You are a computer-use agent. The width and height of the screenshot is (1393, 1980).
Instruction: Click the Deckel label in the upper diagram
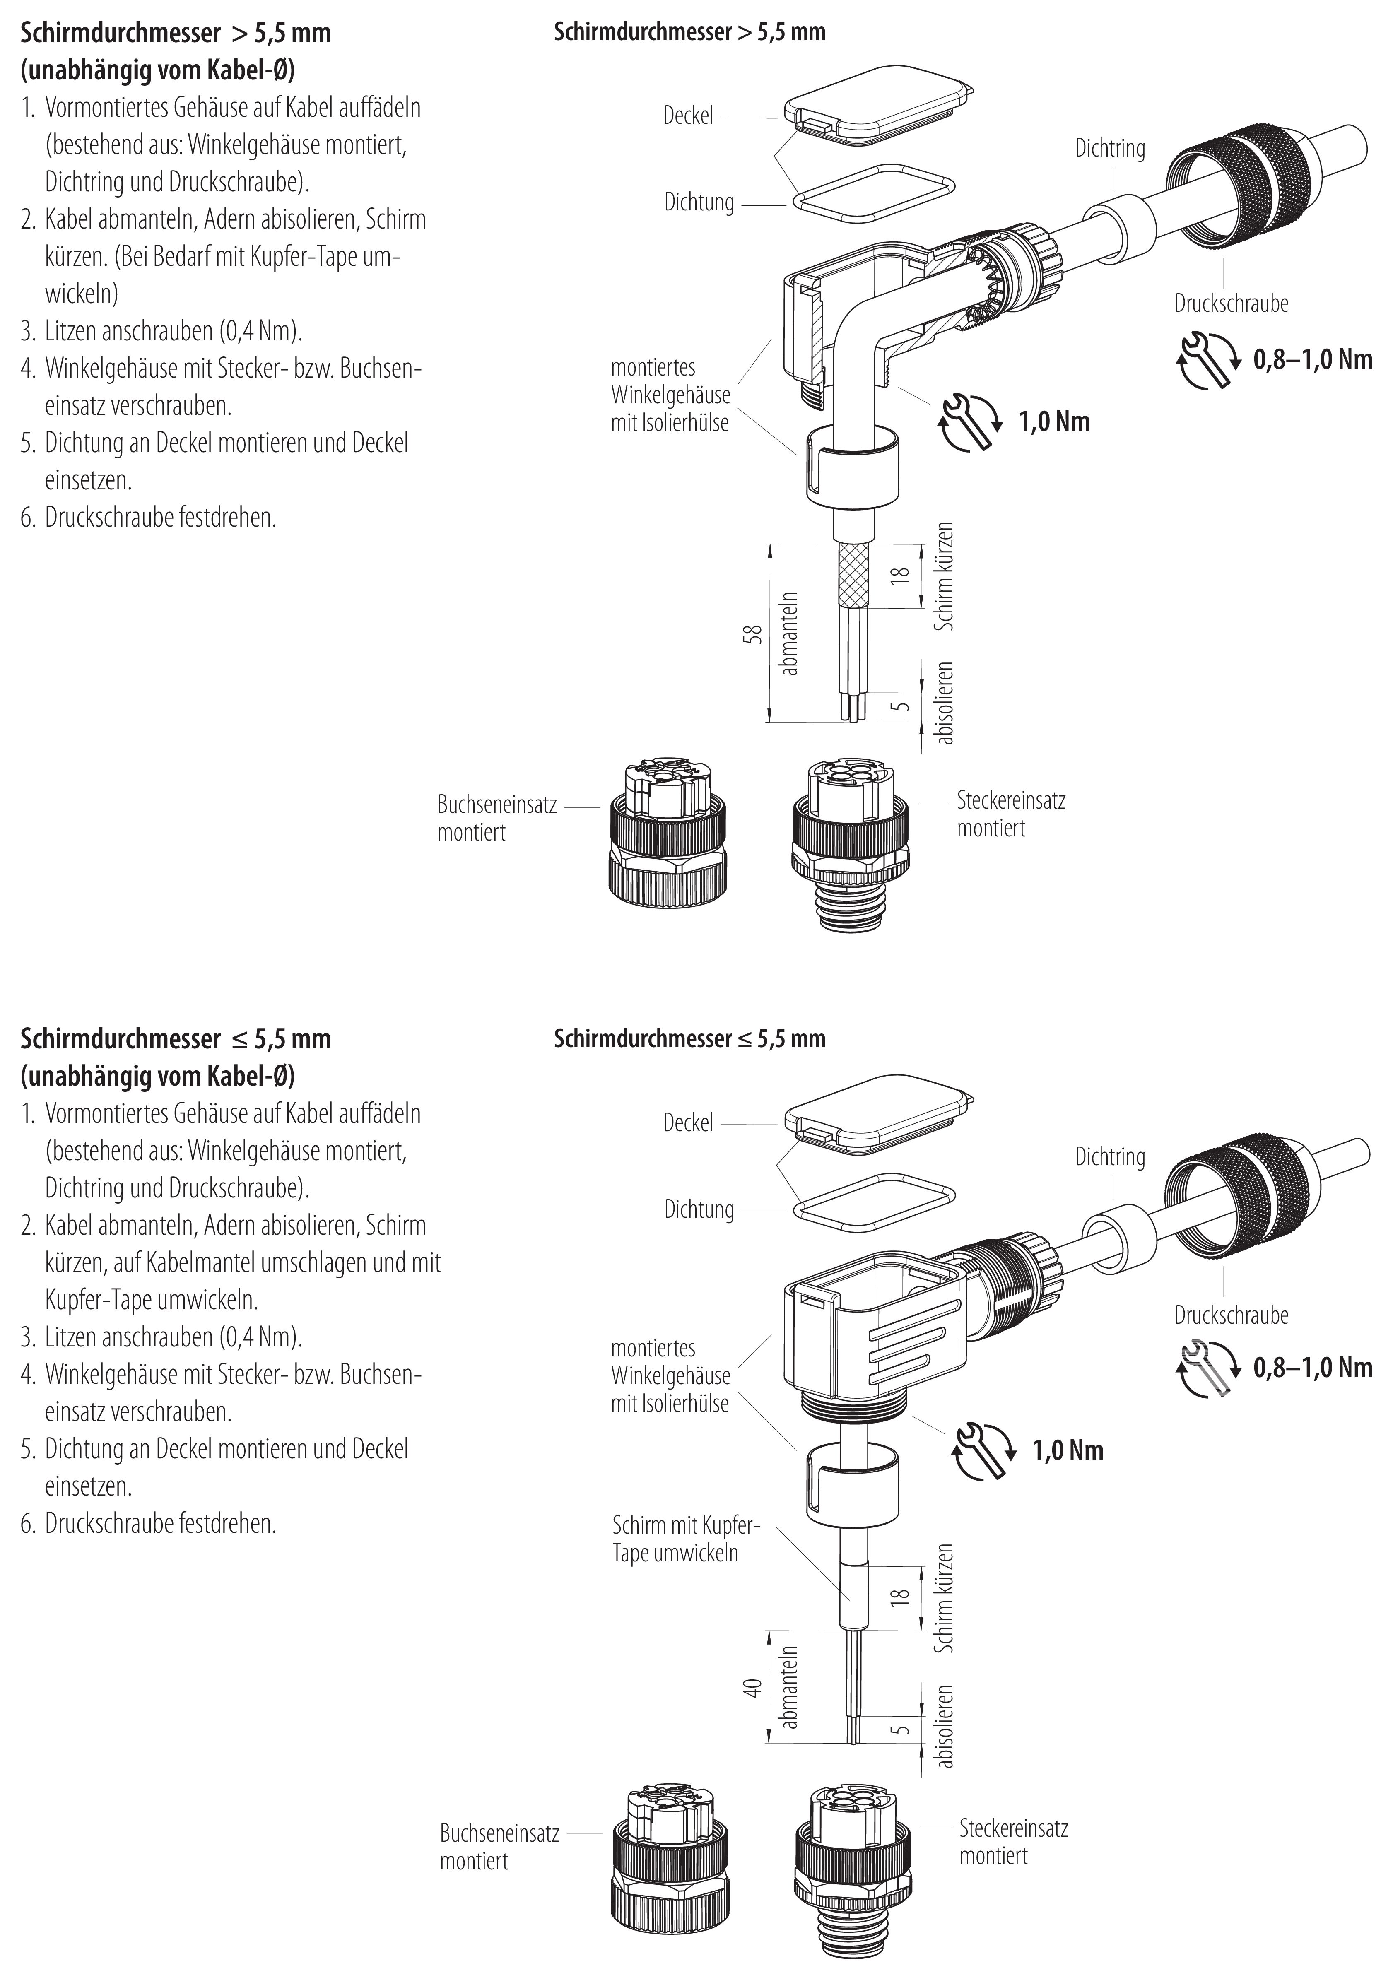pos(687,116)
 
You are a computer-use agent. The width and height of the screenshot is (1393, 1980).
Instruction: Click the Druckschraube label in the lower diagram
pos(1231,1315)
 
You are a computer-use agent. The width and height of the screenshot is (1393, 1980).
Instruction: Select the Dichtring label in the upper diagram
pos(1109,148)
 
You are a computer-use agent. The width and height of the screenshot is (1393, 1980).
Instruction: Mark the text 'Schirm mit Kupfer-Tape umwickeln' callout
pos(685,1539)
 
